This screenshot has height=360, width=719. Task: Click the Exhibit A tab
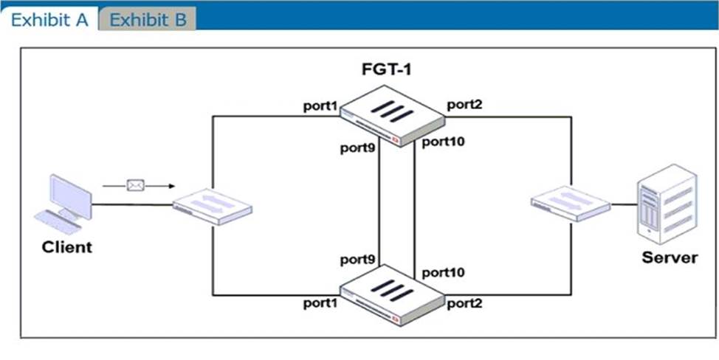tap(49, 19)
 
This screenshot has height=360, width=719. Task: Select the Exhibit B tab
tap(148, 19)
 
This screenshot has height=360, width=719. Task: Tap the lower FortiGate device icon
tap(391, 294)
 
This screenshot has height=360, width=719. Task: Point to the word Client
tap(67, 247)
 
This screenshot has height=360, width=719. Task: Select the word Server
tap(670, 257)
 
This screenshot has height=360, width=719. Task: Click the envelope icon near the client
tap(134, 185)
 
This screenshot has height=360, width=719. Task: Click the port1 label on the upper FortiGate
tap(320, 106)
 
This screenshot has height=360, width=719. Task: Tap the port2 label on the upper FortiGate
tap(464, 105)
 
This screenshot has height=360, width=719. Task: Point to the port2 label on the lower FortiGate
tap(464, 302)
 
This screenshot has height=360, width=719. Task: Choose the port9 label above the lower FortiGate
tap(357, 260)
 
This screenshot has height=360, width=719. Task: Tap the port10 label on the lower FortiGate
tap(443, 272)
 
